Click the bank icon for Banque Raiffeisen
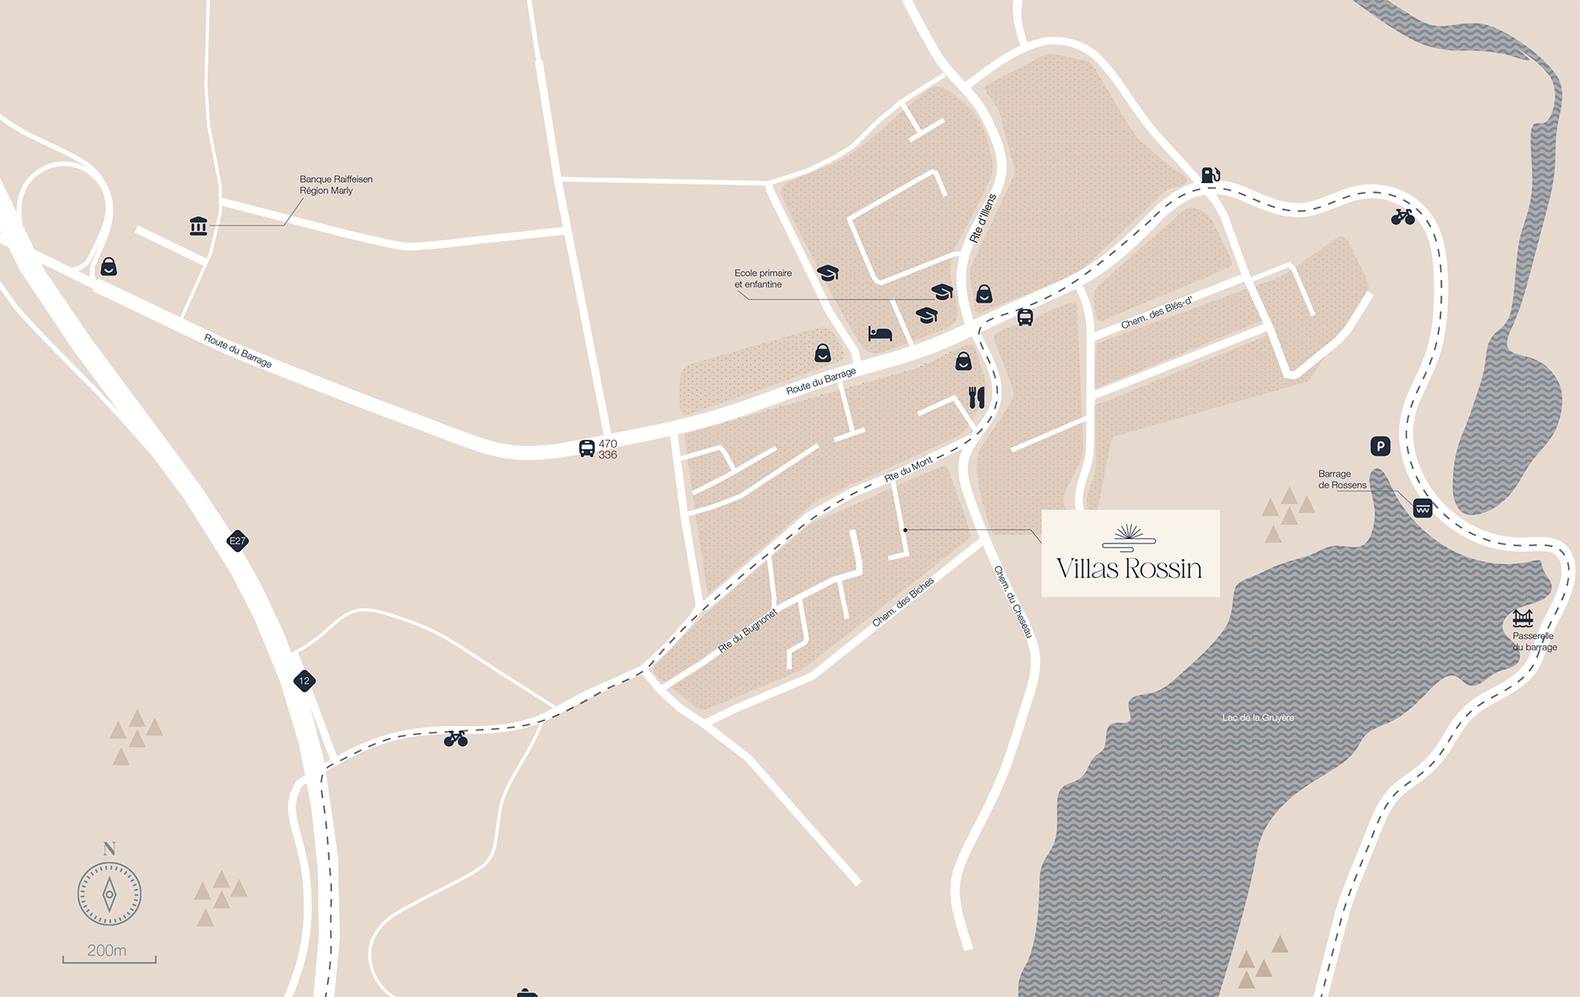click(x=198, y=226)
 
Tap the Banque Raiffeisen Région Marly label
click(x=336, y=184)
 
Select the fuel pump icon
click(x=1210, y=175)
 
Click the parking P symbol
click(x=1380, y=446)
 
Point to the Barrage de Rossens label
click(x=1341, y=479)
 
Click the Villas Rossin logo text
click(x=1129, y=568)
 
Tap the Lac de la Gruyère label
click(x=1257, y=718)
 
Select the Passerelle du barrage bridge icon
click(x=1522, y=617)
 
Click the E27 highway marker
click(x=237, y=541)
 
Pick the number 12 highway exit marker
click(x=304, y=681)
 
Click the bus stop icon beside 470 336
click(x=587, y=448)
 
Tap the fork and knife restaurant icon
click(x=977, y=398)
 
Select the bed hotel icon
click(x=880, y=333)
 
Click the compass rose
click(x=109, y=894)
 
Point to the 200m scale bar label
click(x=107, y=950)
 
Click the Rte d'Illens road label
click(x=983, y=218)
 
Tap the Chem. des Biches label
click(x=903, y=602)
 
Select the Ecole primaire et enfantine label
click(x=763, y=278)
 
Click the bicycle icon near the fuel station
click(x=1402, y=217)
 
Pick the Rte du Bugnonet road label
click(x=747, y=631)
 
